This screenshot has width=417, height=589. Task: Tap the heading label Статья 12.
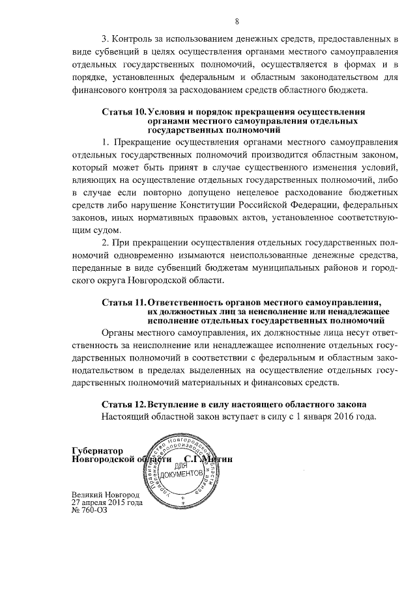[124, 404]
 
